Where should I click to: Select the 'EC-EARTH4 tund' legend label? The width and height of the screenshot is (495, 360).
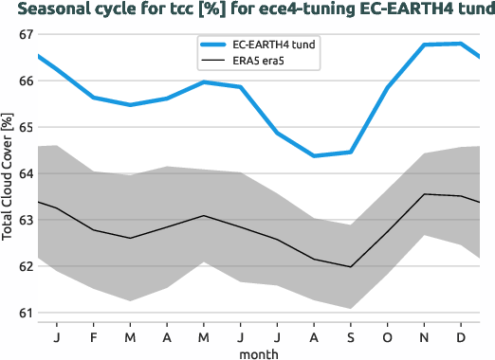[276, 45]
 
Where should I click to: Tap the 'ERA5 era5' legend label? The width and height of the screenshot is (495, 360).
[262, 63]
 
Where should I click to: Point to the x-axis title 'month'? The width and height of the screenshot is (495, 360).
[258, 352]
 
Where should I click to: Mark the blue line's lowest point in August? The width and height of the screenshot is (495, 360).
[314, 155]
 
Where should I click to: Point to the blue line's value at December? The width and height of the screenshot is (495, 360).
[461, 44]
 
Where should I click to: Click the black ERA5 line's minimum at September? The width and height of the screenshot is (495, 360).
[351, 267]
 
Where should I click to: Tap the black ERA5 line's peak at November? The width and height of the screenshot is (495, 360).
[425, 194]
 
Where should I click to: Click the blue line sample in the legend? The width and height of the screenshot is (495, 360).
[212, 45]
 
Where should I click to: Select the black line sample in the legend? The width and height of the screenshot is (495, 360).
[212, 63]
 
